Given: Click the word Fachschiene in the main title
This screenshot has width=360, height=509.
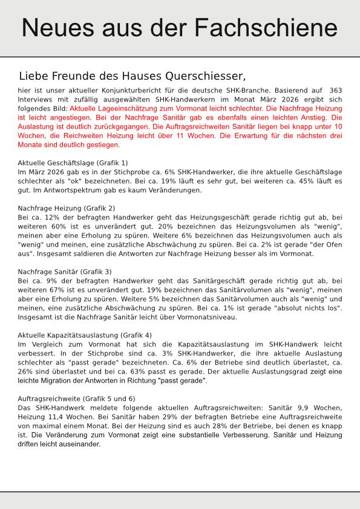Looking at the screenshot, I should (270, 28).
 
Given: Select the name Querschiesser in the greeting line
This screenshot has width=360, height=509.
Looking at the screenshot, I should (201, 76).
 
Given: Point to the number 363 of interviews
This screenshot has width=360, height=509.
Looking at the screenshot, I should (335, 90).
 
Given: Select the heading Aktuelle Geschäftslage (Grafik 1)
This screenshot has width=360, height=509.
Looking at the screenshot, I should (73, 163).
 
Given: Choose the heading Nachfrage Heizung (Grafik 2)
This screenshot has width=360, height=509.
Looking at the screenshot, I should (67, 208).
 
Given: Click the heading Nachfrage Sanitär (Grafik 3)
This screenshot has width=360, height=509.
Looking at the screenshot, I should (65, 272).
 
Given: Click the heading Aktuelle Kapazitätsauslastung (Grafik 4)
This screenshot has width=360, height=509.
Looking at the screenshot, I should (85, 335).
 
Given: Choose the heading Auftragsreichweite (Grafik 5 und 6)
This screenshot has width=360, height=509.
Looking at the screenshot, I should (77, 399).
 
